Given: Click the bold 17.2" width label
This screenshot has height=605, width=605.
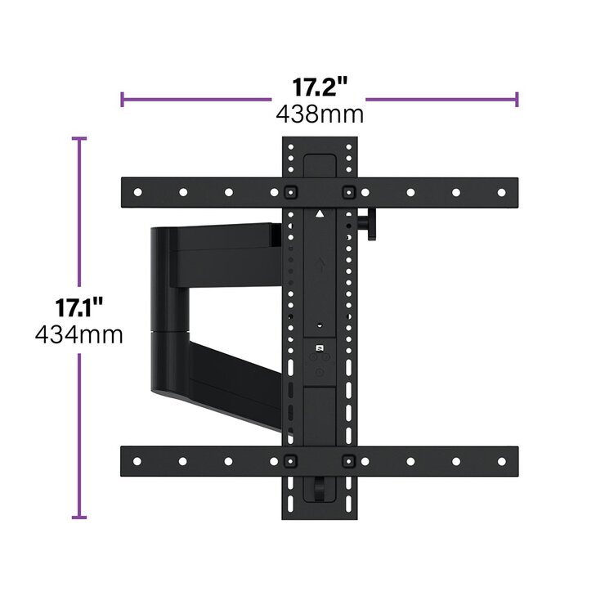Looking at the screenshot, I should (319, 87).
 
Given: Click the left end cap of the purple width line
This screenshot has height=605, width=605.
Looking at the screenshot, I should (122, 99).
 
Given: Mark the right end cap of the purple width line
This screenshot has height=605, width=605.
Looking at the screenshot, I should (517, 99).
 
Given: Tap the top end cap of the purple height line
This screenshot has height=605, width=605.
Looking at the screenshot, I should (79, 139).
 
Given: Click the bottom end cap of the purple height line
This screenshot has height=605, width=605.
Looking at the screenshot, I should (79, 517).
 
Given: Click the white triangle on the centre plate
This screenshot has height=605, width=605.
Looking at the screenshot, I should (319, 214).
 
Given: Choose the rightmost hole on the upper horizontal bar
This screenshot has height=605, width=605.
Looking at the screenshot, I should (502, 192).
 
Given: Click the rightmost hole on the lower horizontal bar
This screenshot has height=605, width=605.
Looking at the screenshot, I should (502, 460).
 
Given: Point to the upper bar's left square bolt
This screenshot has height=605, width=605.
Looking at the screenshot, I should (289, 192).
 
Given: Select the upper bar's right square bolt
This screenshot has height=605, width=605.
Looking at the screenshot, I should (348, 192).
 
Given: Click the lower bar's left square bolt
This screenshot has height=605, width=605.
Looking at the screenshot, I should (289, 460).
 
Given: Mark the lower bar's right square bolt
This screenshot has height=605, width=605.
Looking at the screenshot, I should (348, 460).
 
